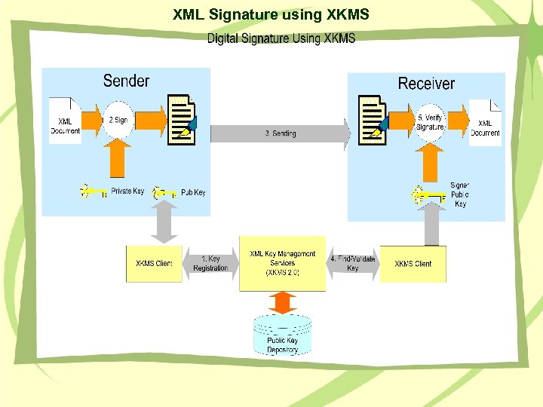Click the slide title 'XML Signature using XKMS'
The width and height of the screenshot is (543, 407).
pos(271,14)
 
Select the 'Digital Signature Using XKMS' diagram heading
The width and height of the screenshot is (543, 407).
pos(281,38)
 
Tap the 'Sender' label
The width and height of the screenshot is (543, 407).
pos(126,81)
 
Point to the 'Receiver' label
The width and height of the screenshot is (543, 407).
pos(426,83)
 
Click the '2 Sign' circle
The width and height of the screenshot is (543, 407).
pos(118,120)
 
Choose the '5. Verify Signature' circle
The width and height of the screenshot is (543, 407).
pos(431,122)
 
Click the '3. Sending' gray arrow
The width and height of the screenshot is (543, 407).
pos(281,133)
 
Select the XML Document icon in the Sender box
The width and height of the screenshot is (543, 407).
pos(65,119)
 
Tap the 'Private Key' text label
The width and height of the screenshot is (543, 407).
pos(127,191)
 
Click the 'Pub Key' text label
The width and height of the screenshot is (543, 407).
pos(193,193)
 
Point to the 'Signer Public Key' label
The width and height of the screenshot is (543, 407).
pos(459,194)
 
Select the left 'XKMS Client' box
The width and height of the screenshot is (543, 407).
pos(154,264)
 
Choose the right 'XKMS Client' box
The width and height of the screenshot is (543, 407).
pos(413,264)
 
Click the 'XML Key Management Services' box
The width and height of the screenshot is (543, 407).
pos(283,264)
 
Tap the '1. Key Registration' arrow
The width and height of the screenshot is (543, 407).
pos(210,264)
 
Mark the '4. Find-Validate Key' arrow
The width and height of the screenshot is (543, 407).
pos(352,264)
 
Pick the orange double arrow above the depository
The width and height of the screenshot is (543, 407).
pos(282,302)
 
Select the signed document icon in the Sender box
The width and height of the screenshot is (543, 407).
pos(182,120)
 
